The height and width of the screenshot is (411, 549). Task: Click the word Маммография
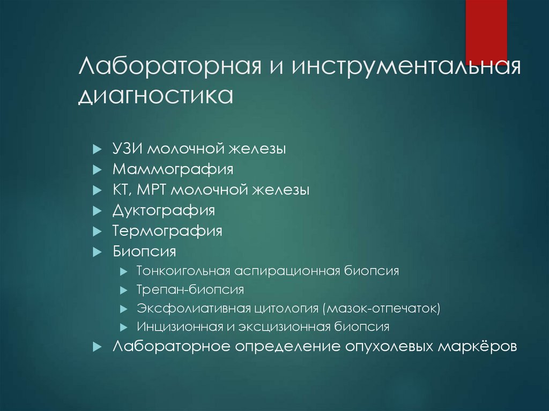[173, 169]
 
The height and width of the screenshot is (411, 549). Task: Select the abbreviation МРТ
[157, 190]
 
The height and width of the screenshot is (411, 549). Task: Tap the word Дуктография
[164, 210]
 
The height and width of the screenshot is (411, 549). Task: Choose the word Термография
[167, 231]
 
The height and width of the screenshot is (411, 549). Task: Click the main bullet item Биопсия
[144, 251]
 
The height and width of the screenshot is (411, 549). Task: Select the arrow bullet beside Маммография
[97, 170]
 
